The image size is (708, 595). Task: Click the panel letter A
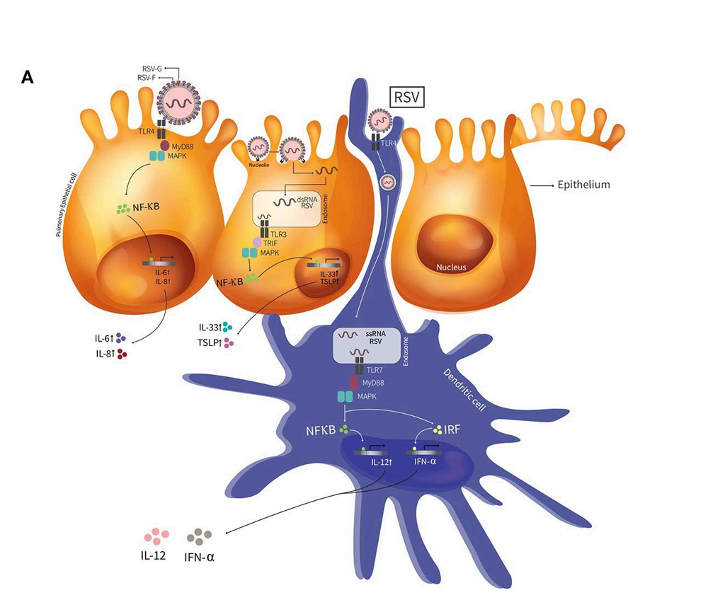(x=28, y=78)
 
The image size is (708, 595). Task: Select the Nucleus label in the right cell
(x=452, y=268)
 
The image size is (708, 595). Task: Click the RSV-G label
(x=152, y=69)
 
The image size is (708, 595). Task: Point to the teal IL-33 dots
(x=227, y=327)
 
